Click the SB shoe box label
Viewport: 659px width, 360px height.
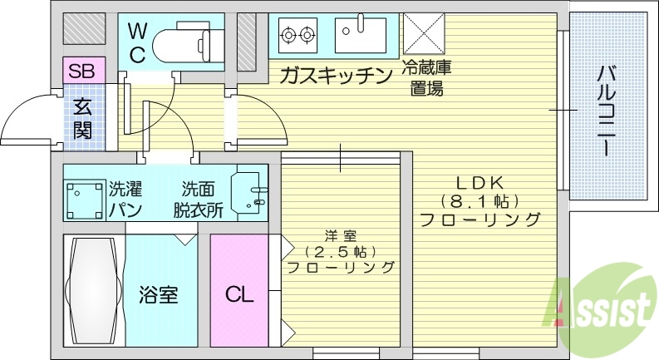(x=81, y=71)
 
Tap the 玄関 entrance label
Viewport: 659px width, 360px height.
(x=81, y=118)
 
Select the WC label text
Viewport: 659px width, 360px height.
(x=137, y=44)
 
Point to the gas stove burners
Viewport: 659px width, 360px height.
(x=298, y=35)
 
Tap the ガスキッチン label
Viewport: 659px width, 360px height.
(x=336, y=77)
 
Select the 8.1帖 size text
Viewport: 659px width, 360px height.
(x=479, y=201)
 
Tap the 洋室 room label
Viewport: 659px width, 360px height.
(x=340, y=234)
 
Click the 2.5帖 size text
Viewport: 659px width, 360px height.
(x=340, y=251)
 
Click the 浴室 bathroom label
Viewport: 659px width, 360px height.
(x=158, y=294)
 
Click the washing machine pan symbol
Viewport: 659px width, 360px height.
(x=84, y=199)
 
